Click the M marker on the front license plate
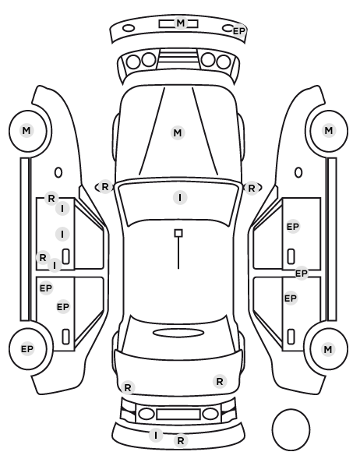(x=181, y=23)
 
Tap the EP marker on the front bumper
(x=239, y=31)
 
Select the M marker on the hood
(x=178, y=132)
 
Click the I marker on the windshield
(x=180, y=198)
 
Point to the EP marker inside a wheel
(x=27, y=349)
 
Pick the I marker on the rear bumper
(x=156, y=436)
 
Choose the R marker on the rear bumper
(x=181, y=441)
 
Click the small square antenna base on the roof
(x=178, y=233)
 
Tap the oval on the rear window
(x=178, y=333)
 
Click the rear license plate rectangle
(x=178, y=415)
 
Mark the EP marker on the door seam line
(x=301, y=273)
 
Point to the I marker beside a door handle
(x=62, y=235)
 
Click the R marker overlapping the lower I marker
(x=43, y=258)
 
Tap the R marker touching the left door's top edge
(x=51, y=198)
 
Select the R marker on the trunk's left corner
(x=128, y=388)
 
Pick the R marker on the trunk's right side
(x=220, y=381)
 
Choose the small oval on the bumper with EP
(x=228, y=28)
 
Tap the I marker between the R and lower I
(x=62, y=209)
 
